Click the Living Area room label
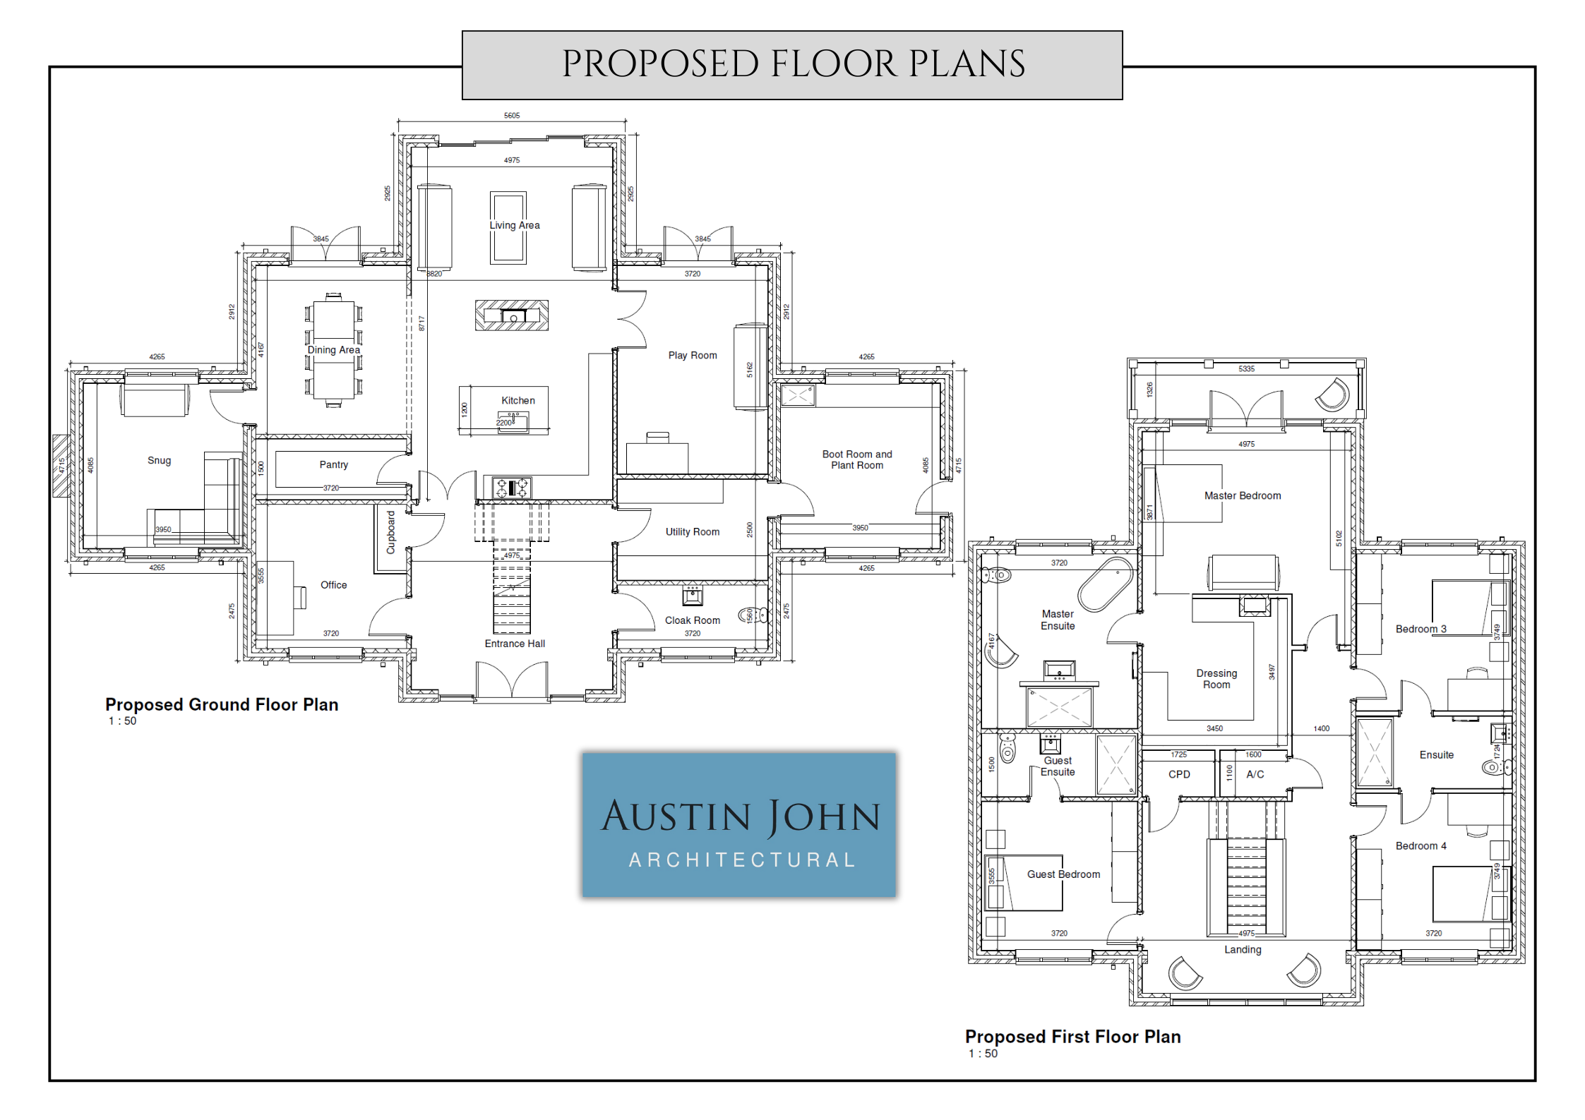click(515, 225)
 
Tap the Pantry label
click(334, 464)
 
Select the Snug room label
click(159, 460)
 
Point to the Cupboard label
click(390, 532)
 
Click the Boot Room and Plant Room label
click(857, 459)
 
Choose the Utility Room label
click(693, 531)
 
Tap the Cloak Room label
click(693, 620)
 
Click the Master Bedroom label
click(1243, 495)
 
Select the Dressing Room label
click(1216, 679)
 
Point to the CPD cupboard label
click(1179, 774)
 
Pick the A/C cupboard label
click(1255, 774)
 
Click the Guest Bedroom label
click(1063, 874)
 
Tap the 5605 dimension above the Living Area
click(512, 115)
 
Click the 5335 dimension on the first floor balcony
click(1247, 368)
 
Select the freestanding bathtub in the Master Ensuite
click(1105, 584)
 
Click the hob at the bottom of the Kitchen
click(513, 488)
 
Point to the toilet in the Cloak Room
click(753, 615)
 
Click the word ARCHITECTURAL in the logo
click(742, 860)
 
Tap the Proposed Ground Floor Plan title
click(222, 704)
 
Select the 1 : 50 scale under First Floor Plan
click(983, 1054)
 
